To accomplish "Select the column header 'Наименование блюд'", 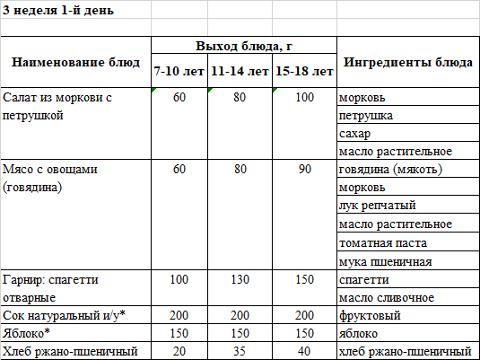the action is point(75,62).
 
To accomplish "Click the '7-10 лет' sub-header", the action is point(179,70).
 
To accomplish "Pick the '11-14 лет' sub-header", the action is point(240,70).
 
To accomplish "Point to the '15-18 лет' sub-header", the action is point(304,70).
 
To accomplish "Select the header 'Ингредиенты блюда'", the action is point(408,62).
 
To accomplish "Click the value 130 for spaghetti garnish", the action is point(240,280).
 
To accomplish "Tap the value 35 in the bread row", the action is point(240,350).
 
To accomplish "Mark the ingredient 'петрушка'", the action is point(367,116).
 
